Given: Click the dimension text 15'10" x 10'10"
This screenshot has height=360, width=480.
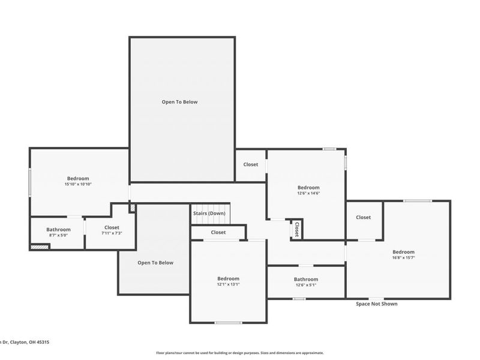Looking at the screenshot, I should point(78,184).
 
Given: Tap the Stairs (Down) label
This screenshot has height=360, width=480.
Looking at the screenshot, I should point(209,214).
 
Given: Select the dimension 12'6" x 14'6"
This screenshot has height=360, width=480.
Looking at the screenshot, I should point(308,193).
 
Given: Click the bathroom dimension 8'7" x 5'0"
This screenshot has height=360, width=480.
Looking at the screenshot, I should point(59,235).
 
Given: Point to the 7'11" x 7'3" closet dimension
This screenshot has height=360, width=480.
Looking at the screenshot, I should point(112,233).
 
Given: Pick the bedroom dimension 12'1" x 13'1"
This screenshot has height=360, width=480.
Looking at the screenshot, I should point(228,284).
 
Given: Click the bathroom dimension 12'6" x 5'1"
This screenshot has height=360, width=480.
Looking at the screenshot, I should point(306,285).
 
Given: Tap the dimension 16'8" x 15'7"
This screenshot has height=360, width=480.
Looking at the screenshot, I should point(403,257).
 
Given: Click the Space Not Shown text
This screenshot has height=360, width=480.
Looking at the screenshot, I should point(376,304).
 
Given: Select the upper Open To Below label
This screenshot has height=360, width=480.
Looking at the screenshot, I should point(179,102).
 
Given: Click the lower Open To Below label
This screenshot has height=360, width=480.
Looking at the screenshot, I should point(155,263).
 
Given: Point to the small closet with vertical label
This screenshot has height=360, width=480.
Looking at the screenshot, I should point(296,229).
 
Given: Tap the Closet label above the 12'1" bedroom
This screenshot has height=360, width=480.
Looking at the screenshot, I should point(218,232).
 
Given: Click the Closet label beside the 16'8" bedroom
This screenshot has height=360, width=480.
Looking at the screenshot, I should point(363,217).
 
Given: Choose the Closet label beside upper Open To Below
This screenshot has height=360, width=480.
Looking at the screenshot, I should point(251,164).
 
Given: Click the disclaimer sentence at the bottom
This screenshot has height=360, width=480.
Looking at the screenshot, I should point(240,353).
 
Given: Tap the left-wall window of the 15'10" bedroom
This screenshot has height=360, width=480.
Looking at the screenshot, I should point(30,181).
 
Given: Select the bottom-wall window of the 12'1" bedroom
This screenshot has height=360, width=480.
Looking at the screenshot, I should point(229,323).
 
